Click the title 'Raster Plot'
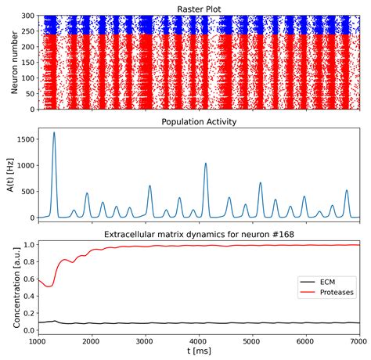pyautogui.click(x=198, y=7)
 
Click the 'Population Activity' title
pyautogui.click(x=198, y=122)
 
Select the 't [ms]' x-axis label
pyautogui.click(x=198, y=353)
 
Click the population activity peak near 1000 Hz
pyautogui.click(x=206, y=164)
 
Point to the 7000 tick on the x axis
pyautogui.click(x=358, y=342)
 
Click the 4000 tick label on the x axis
pyautogui.click(x=198, y=342)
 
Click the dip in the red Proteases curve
pyautogui.click(x=49, y=286)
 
